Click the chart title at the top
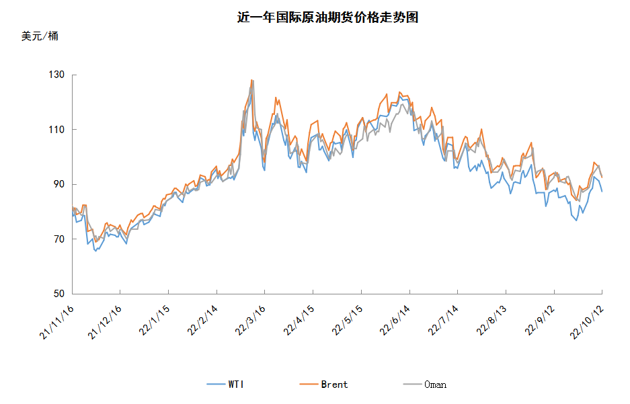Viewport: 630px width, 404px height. [327, 17]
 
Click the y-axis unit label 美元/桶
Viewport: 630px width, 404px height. [40, 36]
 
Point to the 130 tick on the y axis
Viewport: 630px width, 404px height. [56, 75]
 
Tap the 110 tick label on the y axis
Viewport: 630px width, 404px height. [56, 129]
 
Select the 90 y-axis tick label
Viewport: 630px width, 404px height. [59, 184]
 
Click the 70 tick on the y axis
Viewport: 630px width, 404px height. [59, 239]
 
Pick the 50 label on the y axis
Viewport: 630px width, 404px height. [59, 294]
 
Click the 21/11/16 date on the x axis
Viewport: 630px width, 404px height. [57, 322]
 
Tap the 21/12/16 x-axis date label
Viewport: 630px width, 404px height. [105, 322]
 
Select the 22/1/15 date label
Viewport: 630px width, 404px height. [154, 321]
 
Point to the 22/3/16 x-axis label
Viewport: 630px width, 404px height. [250, 321]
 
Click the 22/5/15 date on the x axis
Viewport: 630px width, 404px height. [347, 321]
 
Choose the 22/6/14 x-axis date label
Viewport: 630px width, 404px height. [395, 321]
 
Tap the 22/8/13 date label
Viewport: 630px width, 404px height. [491, 321]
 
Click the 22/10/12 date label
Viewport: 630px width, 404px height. [587, 322]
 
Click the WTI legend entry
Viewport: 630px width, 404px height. [225, 385]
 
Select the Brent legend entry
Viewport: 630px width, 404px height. [324, 385]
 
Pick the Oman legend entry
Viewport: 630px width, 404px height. [425, 385]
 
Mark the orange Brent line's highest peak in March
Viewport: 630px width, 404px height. [251, 79]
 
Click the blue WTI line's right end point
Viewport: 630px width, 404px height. [602, 192]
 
